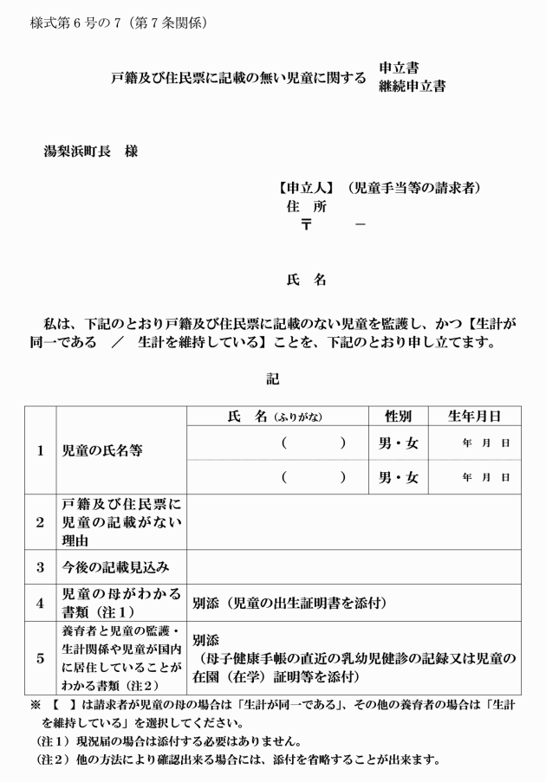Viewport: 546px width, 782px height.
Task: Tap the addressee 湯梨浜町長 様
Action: click(90, 152)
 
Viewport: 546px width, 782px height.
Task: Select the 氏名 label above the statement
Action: click(306, 280)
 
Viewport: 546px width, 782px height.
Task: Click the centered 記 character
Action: click(273, 378)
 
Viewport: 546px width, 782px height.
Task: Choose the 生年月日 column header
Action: click(474, 416)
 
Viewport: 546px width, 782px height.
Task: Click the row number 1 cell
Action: click(40, 450)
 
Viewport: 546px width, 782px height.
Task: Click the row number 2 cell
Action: click(40, 521)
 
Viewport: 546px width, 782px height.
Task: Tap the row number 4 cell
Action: click(40, 603)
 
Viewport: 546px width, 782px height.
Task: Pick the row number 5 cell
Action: click(40, 658)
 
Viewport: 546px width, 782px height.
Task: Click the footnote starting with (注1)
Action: click(168, 741)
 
